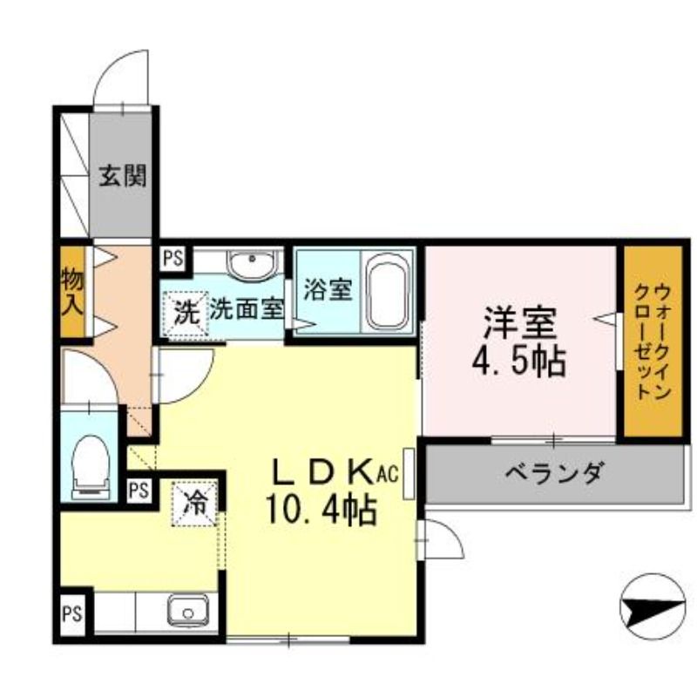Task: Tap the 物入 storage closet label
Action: [72, 292]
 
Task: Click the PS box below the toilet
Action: [138, 491]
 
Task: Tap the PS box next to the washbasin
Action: [173, 259]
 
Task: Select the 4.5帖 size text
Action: [520, 361]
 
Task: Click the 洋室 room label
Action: [521, 323]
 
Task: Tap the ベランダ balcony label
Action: [554, 475]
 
